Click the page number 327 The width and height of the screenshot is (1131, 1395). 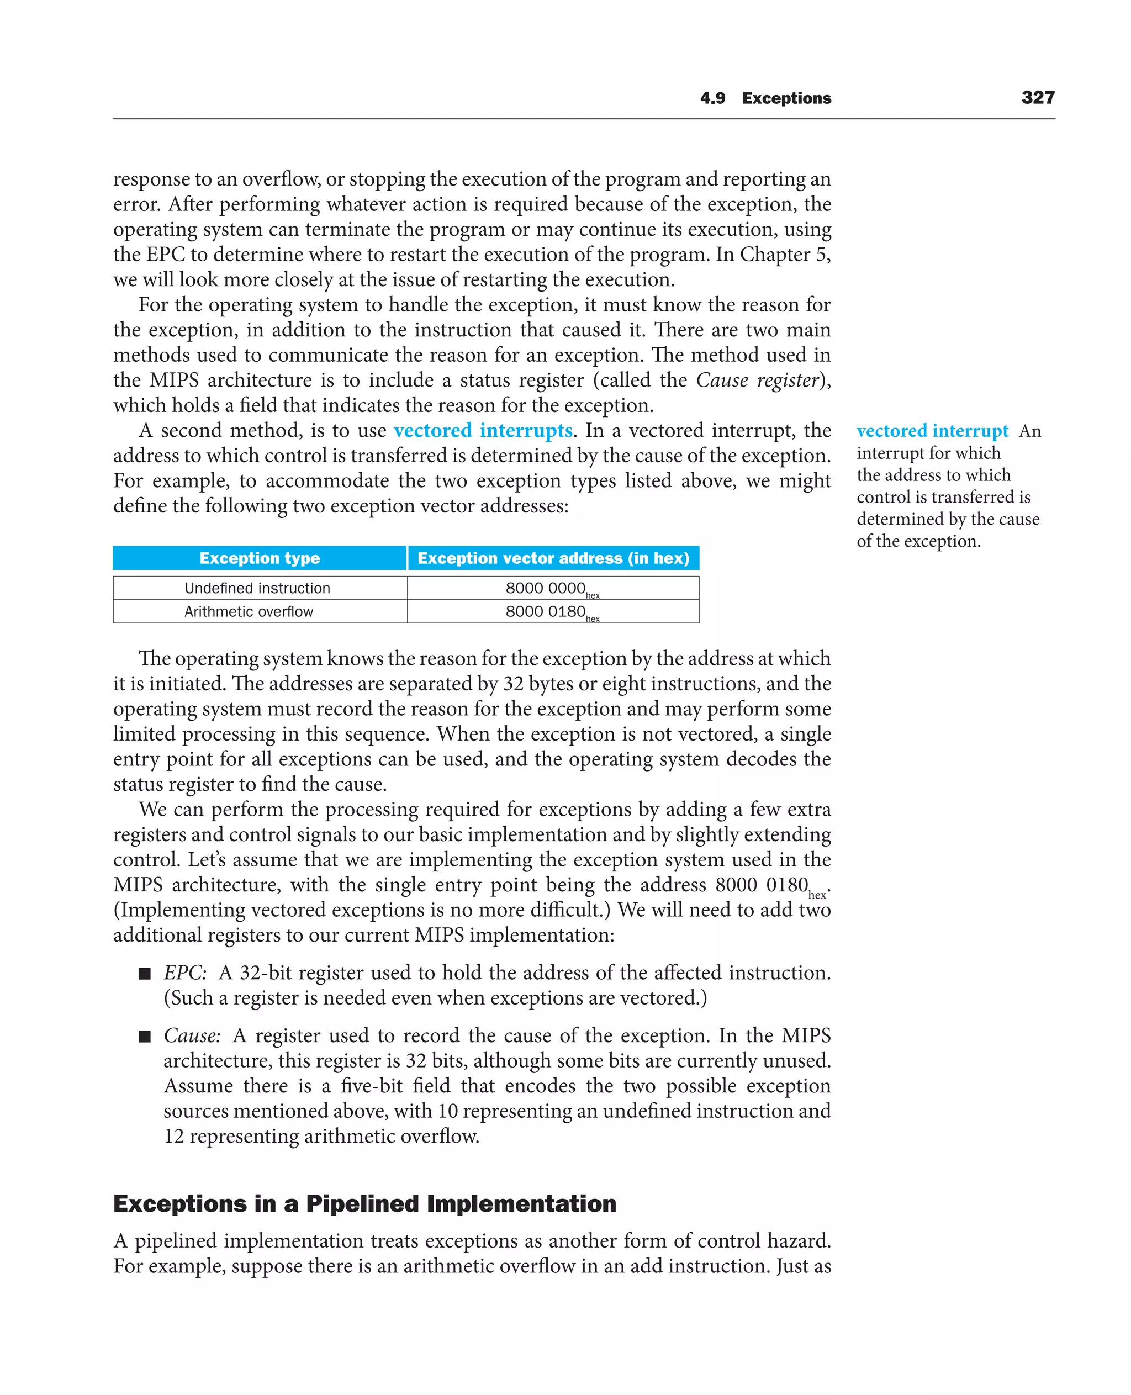point(1037,97)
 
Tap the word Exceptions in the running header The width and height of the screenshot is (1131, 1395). point(786,98)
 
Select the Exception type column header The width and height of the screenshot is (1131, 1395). point(260,558)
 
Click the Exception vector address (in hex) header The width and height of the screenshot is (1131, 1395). point(553,558)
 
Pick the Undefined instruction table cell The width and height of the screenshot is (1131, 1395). point(257,588)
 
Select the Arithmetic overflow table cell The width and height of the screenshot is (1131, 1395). point(249,611)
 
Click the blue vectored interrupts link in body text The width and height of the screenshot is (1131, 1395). point(483,430)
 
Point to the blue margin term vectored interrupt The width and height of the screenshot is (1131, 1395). point(932,431)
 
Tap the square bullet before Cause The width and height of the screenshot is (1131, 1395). point(145,1037)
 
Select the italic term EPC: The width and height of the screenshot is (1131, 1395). point(185,972)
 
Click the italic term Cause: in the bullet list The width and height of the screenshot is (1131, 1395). point(192,1035)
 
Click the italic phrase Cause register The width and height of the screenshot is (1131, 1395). point(757,380)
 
